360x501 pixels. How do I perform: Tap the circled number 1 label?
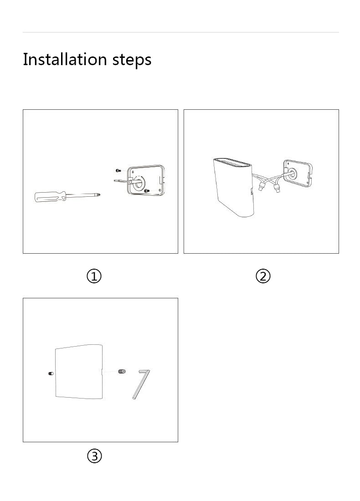point(94,276)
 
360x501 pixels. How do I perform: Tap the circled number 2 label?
point(263,276)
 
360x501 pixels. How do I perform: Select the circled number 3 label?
point(94,456)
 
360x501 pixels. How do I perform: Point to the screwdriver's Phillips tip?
point(98,194)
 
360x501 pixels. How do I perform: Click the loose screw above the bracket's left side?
point(118,170)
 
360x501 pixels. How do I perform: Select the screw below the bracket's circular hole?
point(146,191)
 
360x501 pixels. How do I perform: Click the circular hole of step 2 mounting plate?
point(289,173)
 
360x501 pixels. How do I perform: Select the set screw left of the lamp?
point(51,374)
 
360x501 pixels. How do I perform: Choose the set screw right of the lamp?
point(122,372)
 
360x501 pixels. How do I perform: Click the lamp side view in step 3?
point(78,371)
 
